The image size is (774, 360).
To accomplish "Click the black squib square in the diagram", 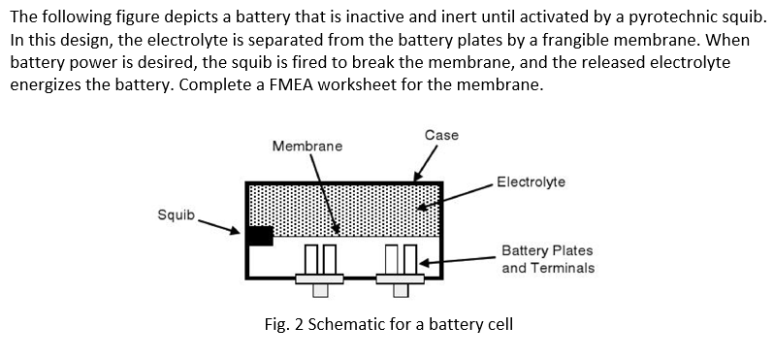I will coord(259,236).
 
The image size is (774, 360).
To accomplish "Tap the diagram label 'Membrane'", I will coord(306,146).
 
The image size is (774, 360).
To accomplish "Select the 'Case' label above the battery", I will coord(441,135).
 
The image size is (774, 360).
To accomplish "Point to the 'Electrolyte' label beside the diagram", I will coord(531,181).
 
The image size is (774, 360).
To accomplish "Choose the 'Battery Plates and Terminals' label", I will coord(547,258).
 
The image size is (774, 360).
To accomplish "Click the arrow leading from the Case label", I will coord(426,164).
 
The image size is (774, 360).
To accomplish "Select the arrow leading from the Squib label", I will coord(220,225).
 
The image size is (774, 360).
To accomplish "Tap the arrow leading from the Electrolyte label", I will coord(456,195).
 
